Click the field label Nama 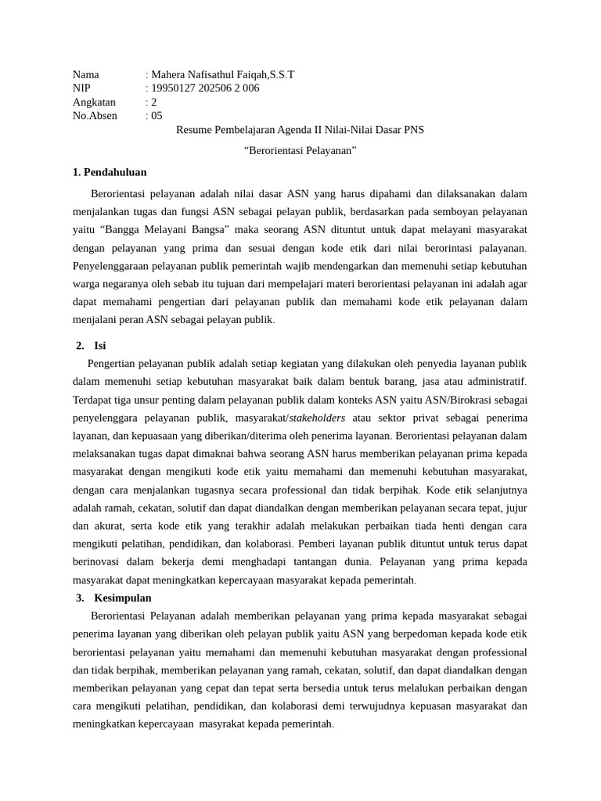coord(86,75)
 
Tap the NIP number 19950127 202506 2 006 coord(204,88)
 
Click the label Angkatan coord(94,102)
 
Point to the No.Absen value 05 coord(157,116)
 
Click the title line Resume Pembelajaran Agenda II coord(300,130)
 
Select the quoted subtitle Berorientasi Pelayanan coord(300,151)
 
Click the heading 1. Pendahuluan coord(110,172)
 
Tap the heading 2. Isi coord(91,345)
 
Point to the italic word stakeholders coord(317,418)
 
